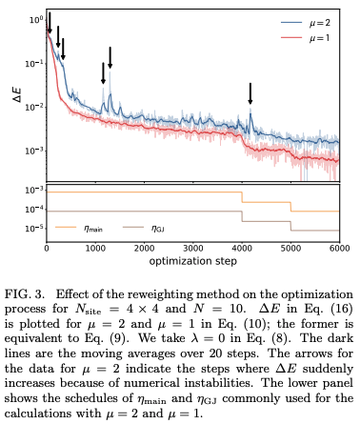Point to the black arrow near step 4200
click(x=250, y=93)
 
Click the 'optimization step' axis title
click(x=193, y=260)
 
